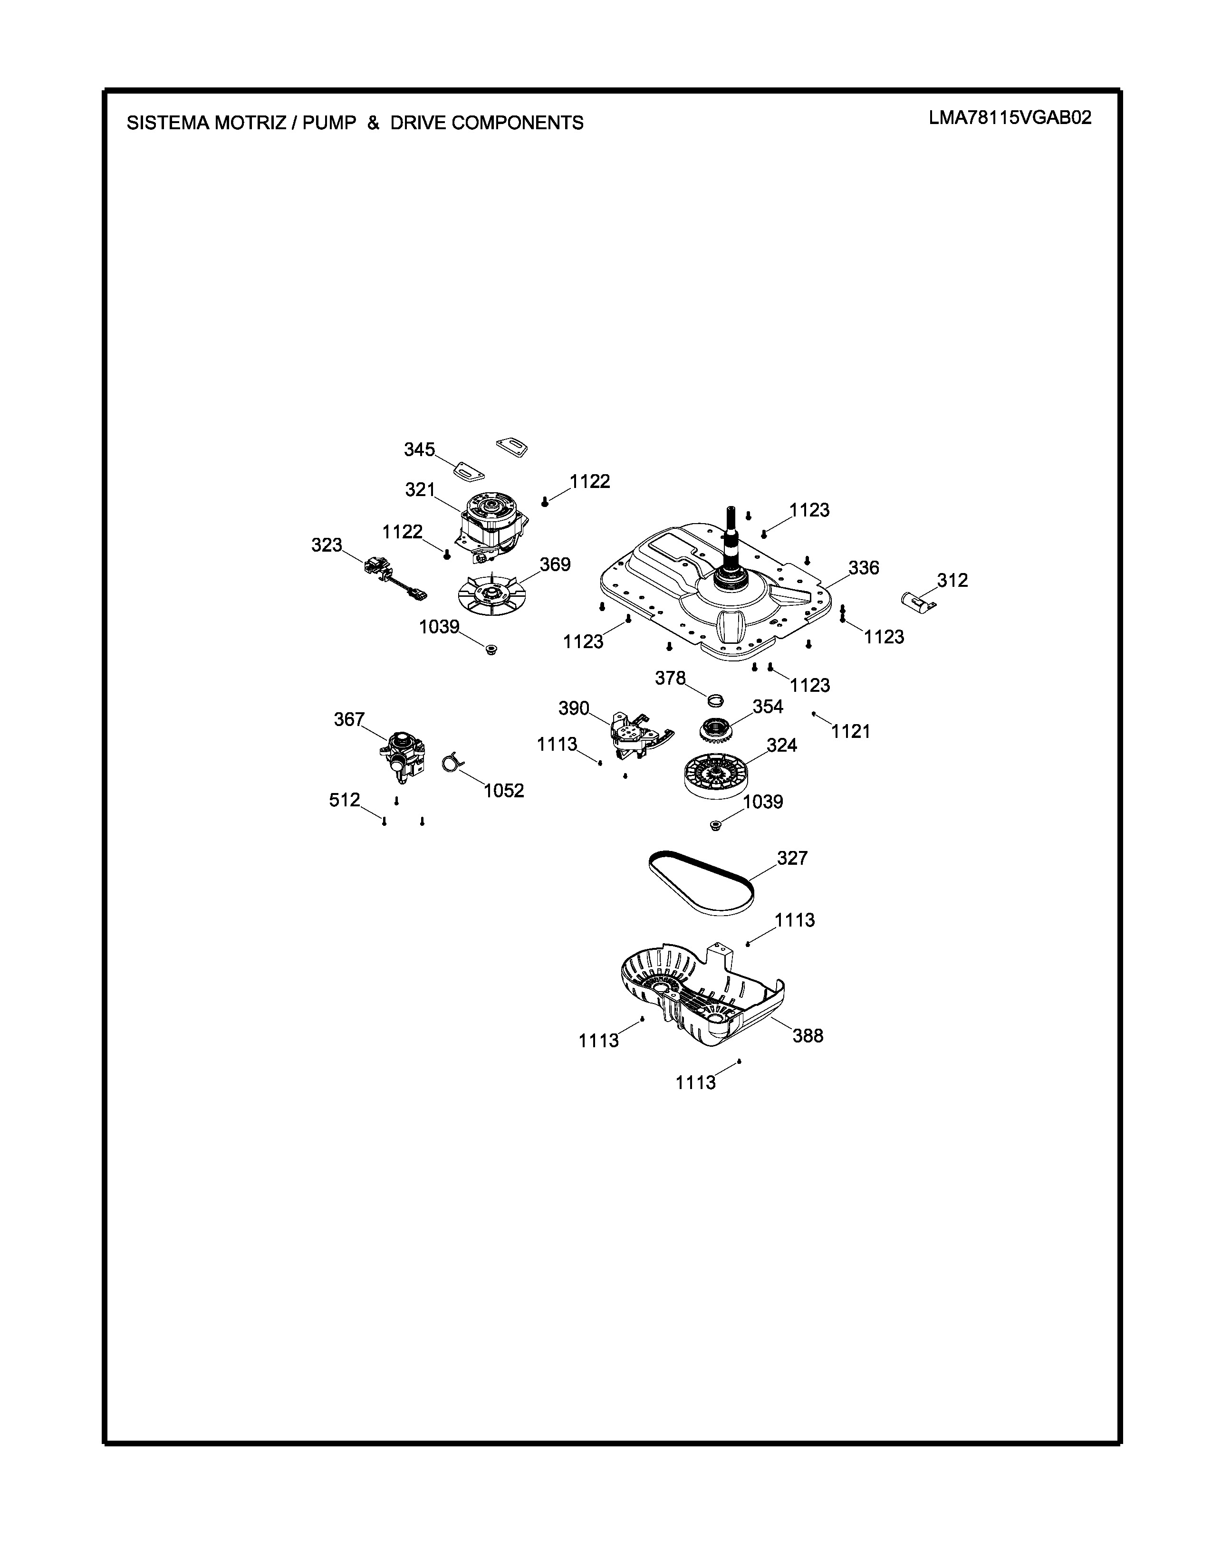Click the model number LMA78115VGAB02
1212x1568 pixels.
click(x=1010, y=118)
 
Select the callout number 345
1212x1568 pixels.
click(x=419, y=449)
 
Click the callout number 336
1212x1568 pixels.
click(x=863, y=568)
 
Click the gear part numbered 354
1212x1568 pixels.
click(x=716, y=731)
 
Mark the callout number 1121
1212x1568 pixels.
click(x=851, y=732)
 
